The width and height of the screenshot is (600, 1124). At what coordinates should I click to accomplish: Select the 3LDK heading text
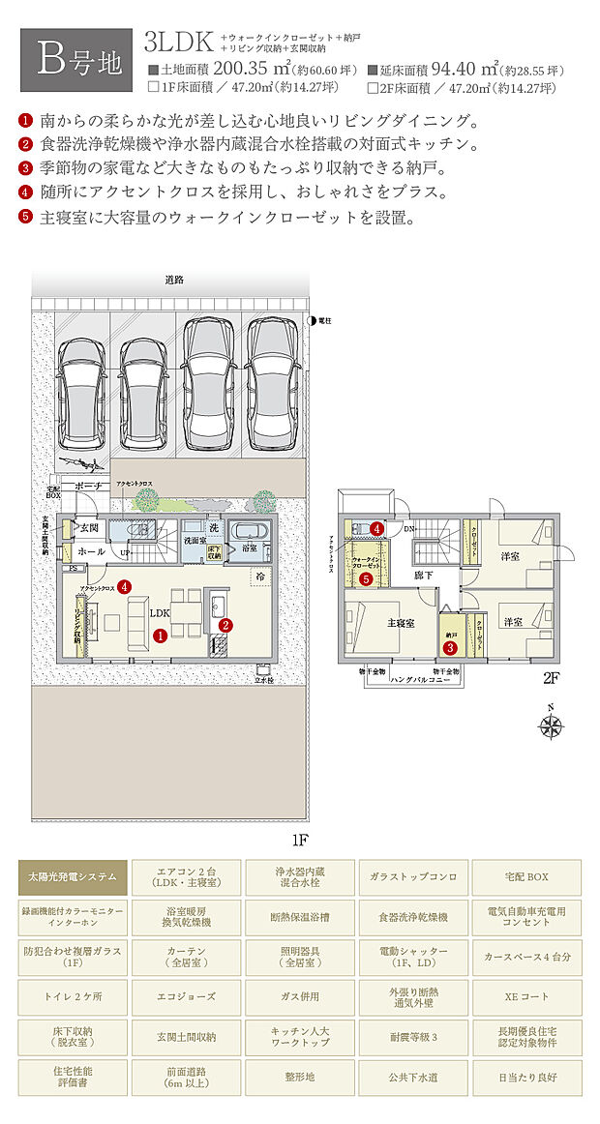178,42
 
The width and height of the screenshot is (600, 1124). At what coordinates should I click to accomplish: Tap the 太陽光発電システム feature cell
73,876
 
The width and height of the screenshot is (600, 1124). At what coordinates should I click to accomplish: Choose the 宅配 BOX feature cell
527,876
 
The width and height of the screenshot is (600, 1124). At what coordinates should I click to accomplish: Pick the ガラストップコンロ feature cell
413,876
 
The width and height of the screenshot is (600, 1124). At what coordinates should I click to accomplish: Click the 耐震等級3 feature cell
413,1036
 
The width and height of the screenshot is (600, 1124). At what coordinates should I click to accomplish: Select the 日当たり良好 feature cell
527,1076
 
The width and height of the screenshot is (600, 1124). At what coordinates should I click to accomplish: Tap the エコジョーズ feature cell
186,996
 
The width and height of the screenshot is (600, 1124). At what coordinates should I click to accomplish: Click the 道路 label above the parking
174,280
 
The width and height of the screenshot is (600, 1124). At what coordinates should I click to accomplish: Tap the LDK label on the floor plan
160,613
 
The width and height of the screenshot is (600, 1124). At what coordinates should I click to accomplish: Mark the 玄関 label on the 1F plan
90,528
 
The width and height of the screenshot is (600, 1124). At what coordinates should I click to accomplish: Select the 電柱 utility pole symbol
312,319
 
